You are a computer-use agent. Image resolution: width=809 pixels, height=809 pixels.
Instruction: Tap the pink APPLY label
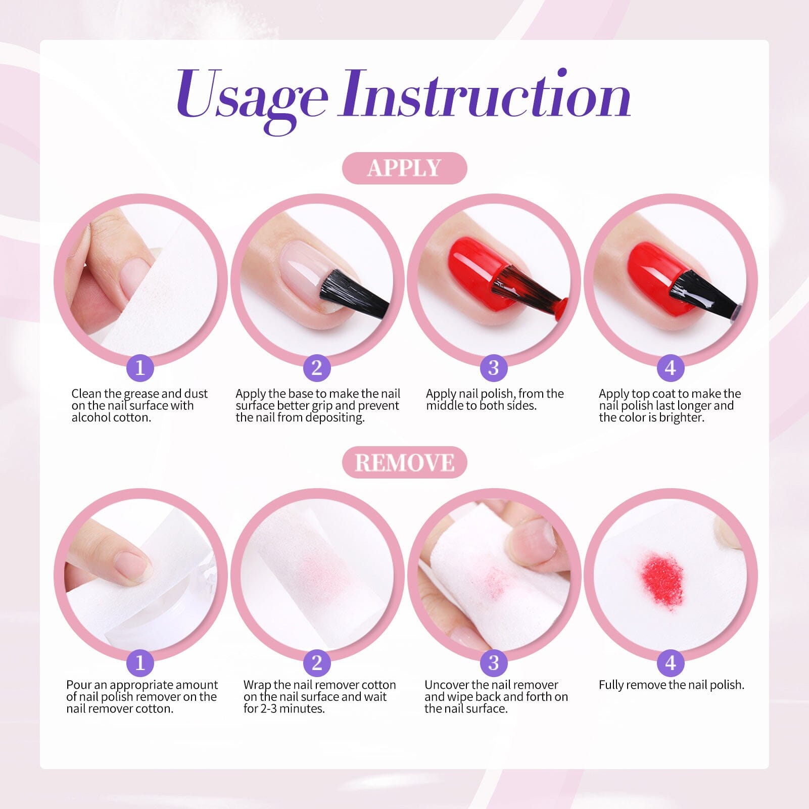pos(404,168)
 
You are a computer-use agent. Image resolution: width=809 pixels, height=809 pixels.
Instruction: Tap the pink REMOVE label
pos(404,462)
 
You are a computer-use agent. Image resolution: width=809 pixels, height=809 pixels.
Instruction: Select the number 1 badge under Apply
pos(140,367)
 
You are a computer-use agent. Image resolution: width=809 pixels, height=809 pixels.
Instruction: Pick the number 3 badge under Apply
pos(494,367)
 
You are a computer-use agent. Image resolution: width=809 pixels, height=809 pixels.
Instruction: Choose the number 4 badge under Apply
pos(671,367)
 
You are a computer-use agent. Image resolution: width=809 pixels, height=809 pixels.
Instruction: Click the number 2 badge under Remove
pos(317,662)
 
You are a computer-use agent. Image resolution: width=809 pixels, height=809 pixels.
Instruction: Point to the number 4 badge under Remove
pos(671,662)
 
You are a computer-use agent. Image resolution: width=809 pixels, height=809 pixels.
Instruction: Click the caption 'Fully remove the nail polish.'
pos(672,685)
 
